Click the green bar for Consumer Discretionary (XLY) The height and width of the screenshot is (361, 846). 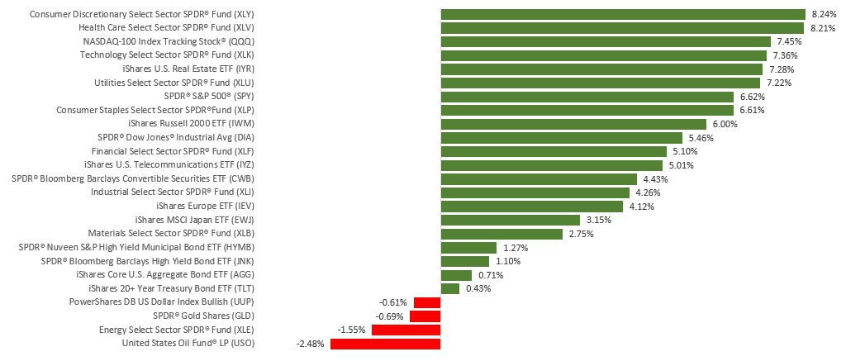623,14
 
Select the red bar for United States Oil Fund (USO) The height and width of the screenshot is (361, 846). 385,344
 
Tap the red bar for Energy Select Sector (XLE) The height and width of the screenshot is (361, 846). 406,330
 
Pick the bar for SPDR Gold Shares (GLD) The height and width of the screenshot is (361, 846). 425,316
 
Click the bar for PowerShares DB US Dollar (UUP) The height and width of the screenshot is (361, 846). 426,302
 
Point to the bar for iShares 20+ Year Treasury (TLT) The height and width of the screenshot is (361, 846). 450,288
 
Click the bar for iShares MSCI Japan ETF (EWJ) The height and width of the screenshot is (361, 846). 511,220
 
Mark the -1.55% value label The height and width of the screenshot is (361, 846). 353,330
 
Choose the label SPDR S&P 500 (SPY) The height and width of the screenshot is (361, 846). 211,97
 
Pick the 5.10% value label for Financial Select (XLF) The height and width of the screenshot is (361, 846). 685,151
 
